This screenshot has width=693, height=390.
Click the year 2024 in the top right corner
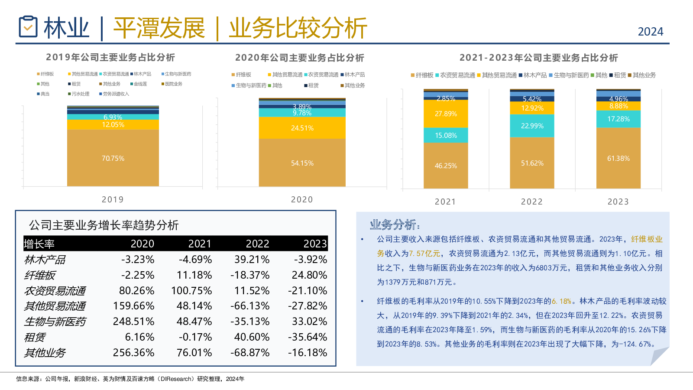[x=650, y=32]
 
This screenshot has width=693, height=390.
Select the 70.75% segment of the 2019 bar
[x=113, y=158]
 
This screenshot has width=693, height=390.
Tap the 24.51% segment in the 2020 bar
[x=302, y=128]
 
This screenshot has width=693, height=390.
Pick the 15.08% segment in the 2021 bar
[x=446, y=135]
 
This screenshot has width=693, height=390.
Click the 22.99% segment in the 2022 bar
[x=532, y=126]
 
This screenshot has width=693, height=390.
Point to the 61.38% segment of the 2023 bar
[x=618, y=158]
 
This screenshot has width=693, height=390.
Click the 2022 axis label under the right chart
[x=531, y=201]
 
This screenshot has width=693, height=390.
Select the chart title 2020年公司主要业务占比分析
[x=299, y=58]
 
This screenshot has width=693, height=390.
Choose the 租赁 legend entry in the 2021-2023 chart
[x=620, y=75]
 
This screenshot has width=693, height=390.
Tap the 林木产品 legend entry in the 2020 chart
[x=354, y=75]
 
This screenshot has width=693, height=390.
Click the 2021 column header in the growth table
[x=200, y=244]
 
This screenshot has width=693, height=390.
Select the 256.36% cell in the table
[x=133, y=353]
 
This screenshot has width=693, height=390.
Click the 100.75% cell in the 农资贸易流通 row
[x=191, y=290]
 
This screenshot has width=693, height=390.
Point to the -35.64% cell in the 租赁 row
[x=308, y=337]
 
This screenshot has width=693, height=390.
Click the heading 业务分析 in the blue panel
[x=394, y=224]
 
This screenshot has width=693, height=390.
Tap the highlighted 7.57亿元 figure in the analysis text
[x=424, y=253]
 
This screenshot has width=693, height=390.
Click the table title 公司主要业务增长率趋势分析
[x=104, y=225]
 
